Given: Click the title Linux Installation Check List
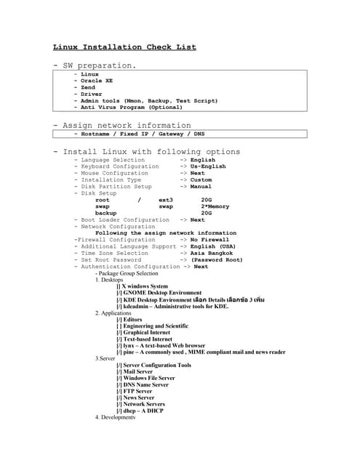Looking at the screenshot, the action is click(x=124, y=47).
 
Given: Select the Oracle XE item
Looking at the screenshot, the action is click(x=97, y=81).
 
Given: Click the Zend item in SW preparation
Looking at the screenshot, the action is click(x=89, y=87).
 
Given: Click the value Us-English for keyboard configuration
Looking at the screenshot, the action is click(x=208, y=166).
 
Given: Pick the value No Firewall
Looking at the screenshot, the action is click(x=209, y=239).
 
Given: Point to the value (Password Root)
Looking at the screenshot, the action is click(x=217, y=259).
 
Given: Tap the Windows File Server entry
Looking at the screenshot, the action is click(x=148, y=378).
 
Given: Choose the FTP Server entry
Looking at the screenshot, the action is click(x=138, y=391).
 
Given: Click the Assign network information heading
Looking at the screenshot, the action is click(x=122, y=125).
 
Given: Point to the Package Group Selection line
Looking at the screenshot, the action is click(x=131, y=273).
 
